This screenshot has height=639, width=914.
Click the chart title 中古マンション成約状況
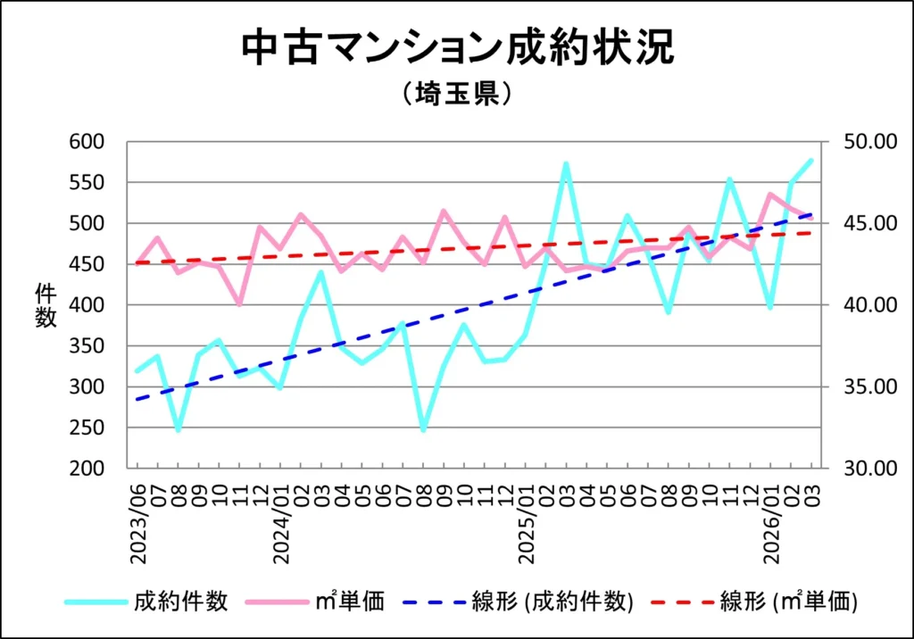pyautogui.click(x=457, y=49)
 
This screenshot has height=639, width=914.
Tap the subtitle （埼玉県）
pyautogui.click(x=456, y=94)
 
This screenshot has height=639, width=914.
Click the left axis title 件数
pyautogui.click(x=46, y=305)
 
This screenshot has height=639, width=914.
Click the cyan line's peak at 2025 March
pyautogui.click(x=566, y=164)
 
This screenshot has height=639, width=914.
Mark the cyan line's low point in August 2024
pyautogui.click(x=423, y=430)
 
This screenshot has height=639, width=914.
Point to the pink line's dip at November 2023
pyautogui.click(x=239, y=304)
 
